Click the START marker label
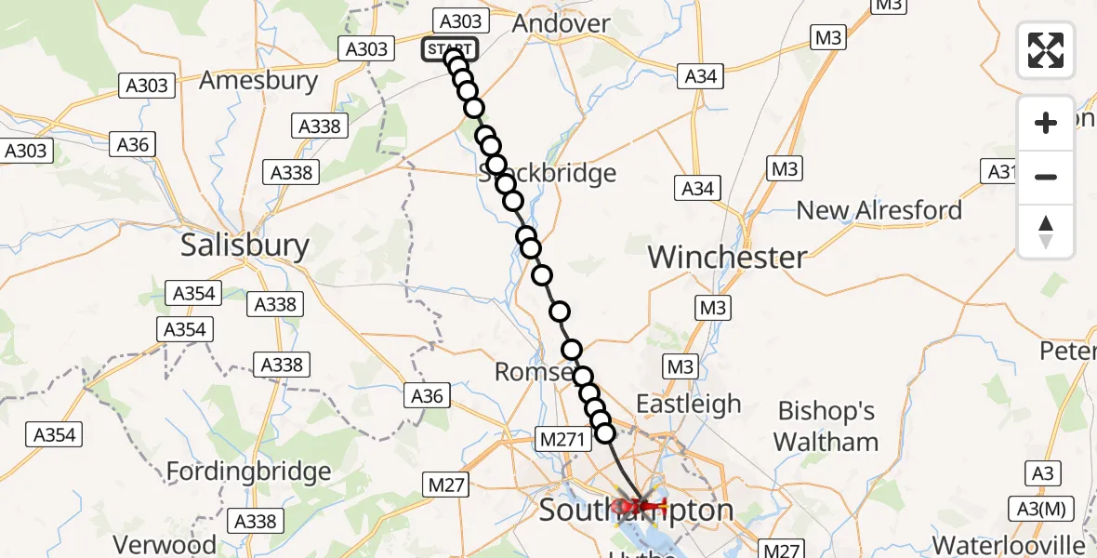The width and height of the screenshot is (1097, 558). [x=450, y=49]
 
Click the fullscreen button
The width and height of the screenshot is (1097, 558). [x=1046, y=49]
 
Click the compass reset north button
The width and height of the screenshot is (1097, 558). [x=1046, y=231]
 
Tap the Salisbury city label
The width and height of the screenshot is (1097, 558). [x=245, y=246]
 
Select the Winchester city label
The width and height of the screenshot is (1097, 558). [x=727, y=257]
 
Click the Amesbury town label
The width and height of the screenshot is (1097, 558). [x=258, y=80]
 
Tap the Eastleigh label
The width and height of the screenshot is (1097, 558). [x=688, y=404]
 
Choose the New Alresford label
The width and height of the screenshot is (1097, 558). [x=879, y=210]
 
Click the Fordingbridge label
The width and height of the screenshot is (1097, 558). [x=248, y=472]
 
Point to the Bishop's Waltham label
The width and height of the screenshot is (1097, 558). [x=826, y=426]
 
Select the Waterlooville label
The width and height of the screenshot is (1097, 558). [x=1009, y=544]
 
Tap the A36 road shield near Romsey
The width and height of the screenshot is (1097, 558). [x=428, y=396]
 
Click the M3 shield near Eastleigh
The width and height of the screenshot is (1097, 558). [x=681, y=366]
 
